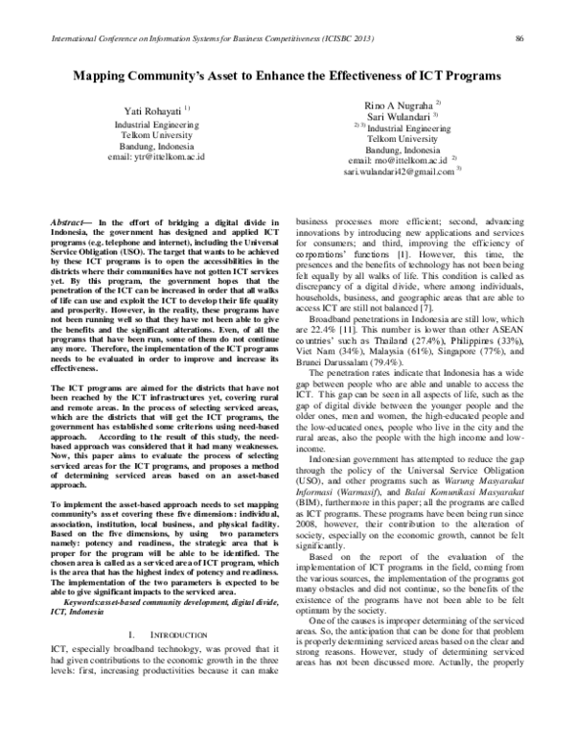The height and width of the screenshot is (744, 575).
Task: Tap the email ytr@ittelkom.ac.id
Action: point(156,155)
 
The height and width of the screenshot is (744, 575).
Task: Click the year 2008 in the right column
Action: point(307,556)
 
